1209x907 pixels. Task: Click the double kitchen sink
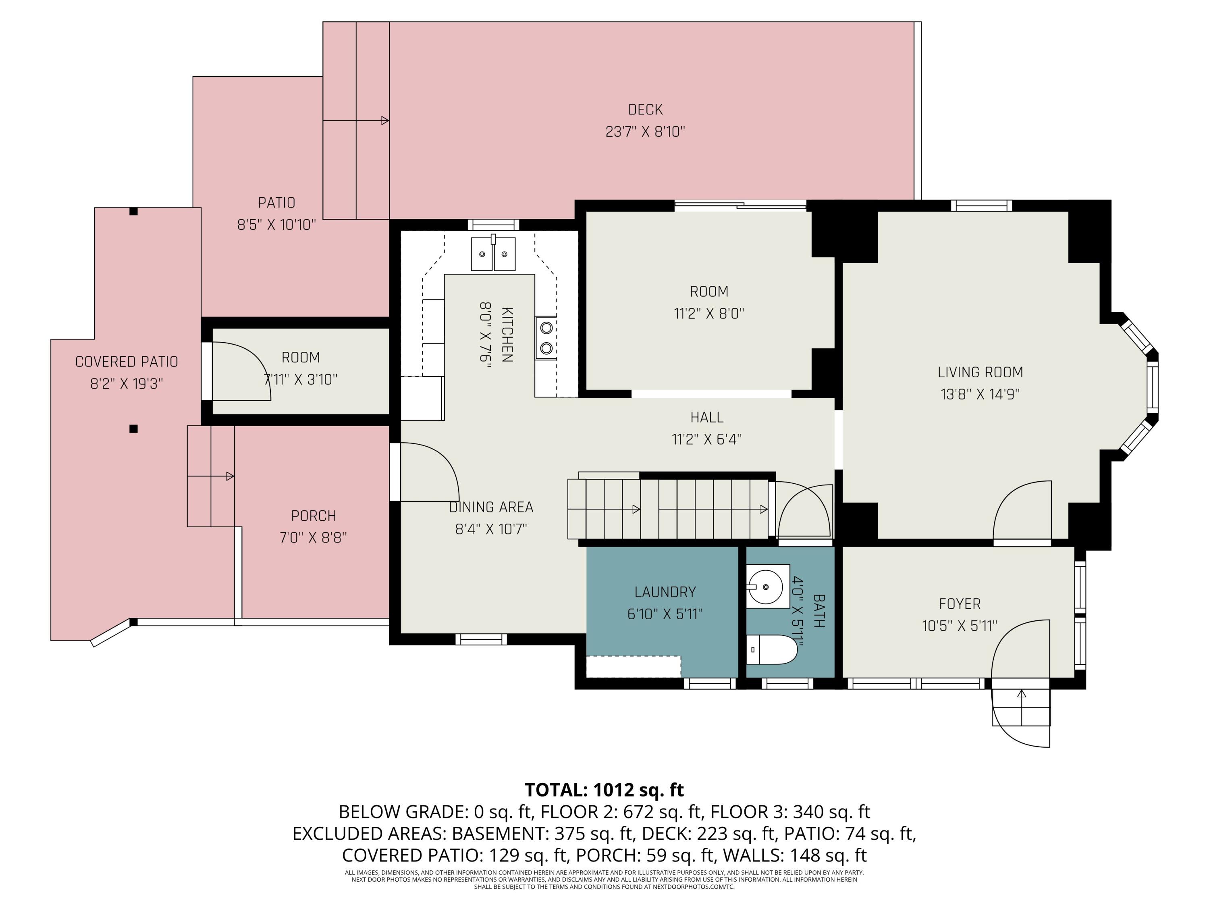click(493, 254)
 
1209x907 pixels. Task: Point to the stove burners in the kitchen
click(546, 338)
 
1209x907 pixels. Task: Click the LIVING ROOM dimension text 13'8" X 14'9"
click(980, 394)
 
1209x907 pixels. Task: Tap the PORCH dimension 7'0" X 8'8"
click(313, 537)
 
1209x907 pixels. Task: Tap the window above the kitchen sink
click(493, 225)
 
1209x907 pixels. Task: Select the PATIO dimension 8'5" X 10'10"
click(276, 225)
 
